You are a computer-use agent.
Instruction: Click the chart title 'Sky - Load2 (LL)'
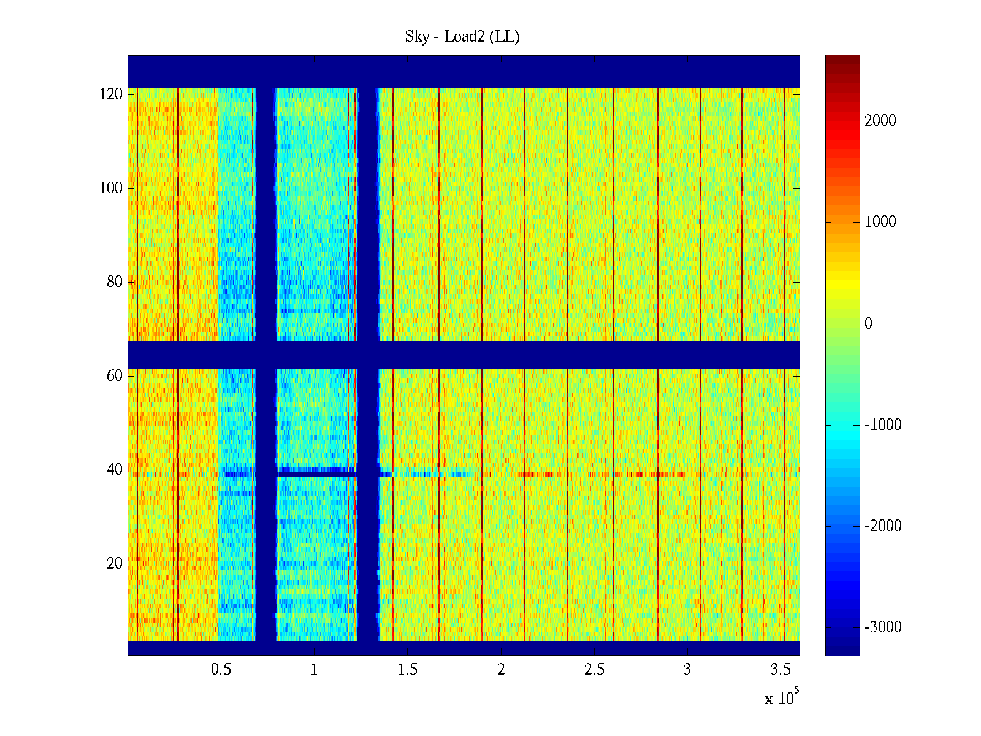tap(462, 37)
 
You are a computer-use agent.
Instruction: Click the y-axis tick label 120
tap(111, 94)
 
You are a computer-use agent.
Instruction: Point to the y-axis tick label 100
tap(111, 188)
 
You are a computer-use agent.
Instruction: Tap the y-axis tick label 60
tap(115, 376)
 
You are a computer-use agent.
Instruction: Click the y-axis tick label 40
tap(115, 470)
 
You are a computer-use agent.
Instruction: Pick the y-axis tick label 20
tap(115, 564)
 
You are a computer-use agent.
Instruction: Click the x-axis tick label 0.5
tap(221, 670)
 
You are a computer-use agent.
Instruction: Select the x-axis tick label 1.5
tap(408, 670)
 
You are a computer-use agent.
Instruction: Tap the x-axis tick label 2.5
tap(594, 670)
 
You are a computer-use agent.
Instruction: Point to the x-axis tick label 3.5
tap(781, 670)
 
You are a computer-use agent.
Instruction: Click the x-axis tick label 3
tap(687, 670)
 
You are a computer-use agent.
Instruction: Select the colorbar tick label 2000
tap(880, 121)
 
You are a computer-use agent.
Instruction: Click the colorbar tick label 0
tap(868, 324)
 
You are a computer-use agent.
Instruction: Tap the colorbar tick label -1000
tap(883, 425)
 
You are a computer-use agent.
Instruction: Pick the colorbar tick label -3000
tap(883, 627)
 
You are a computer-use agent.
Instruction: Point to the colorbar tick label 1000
tap(880, 222)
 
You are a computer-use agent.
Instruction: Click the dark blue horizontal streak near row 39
tap(316, 472)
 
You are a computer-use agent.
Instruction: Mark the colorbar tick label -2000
tap(883, 526)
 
